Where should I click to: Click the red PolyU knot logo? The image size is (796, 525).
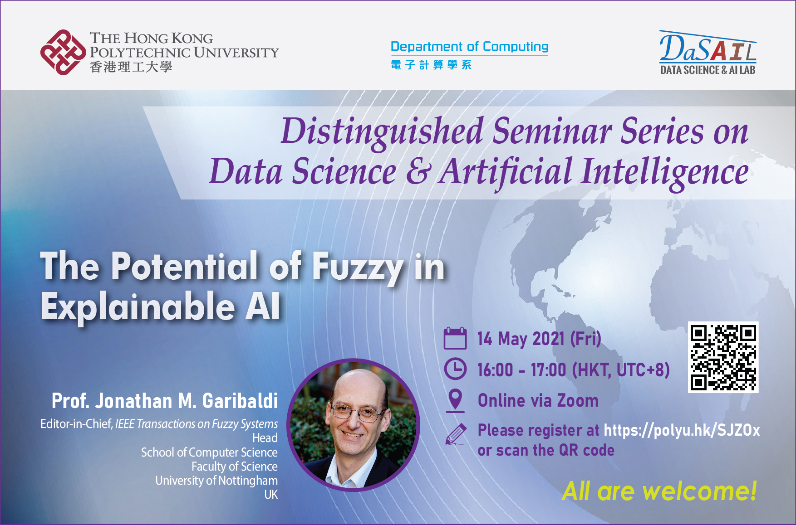click(x=63, y=52)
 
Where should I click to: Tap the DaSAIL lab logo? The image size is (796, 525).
click(x=708, y=53)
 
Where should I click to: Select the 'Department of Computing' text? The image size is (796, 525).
click(x=469, y=46)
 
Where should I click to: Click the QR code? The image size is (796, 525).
click(x=723, y=357)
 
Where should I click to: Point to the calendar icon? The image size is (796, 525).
click(x=455, y=338)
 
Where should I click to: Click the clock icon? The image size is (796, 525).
click(x=455, y=369)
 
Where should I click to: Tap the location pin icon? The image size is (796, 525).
click(x=455, y=401)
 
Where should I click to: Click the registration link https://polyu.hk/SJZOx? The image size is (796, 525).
click(x=682, y=430)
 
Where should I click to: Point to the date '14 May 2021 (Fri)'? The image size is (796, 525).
click(x=539, y=339)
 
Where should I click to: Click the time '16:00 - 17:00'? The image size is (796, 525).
click(x=522, y=370)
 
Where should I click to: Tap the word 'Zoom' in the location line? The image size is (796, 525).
click(x=578, y=401)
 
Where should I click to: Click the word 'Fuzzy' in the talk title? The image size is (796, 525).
click(x=358, y=267)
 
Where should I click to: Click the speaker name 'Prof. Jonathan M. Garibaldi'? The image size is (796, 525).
click(x=165, y=401)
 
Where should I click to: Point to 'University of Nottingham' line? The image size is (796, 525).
click(x=216, y=481)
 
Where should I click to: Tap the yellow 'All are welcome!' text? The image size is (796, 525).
click(x=659, y=491)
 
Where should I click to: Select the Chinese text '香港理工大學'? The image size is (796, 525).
click(x=131, y=67)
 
